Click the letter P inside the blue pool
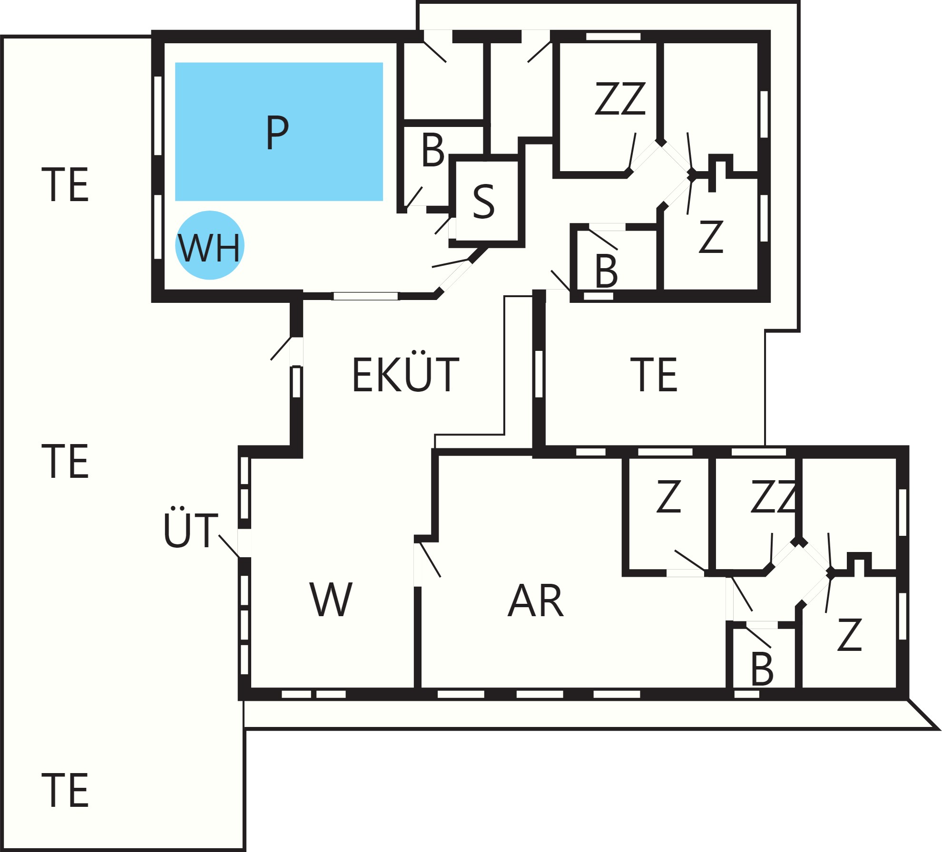tap(277, 133)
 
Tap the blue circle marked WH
tap(209, 245)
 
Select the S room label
tap(484, 202)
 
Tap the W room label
tap(331, 600)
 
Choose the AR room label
tap(536, 600)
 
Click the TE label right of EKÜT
tap(654, 375)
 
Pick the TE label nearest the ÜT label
tap(65, 461)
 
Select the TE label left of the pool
tap(65, 184)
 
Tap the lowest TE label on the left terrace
tap(65, 791)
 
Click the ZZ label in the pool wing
tap(620, 98)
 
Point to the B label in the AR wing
tap(762, 669)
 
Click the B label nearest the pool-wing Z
tap(606, 271)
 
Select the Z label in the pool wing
tap(711, 236)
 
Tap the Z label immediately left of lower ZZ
tap(668, 496)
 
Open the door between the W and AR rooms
tap(418, 565)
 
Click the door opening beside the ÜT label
tap(245, 543)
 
